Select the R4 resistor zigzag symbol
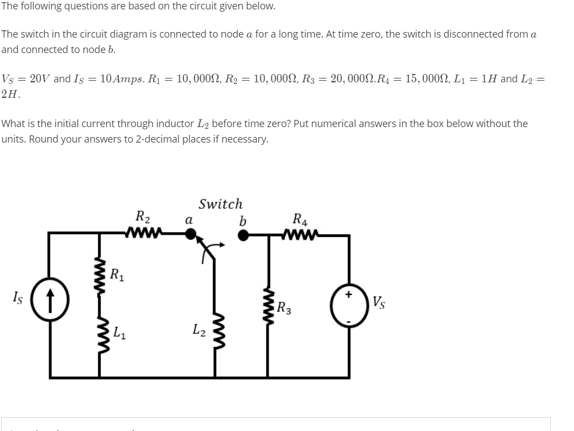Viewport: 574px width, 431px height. (300, 236)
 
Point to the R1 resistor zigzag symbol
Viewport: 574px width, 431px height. (101, 276)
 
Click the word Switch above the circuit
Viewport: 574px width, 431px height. (220, 204)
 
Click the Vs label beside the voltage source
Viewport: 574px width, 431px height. (379, 303)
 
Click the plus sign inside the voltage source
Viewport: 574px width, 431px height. (348, 295)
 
